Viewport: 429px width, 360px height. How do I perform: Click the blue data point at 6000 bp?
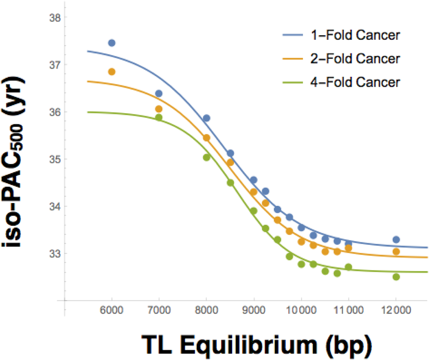pos(112,43)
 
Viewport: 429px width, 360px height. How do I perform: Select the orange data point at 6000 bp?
pos(112,72)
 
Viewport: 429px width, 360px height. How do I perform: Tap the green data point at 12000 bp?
pos(396,277)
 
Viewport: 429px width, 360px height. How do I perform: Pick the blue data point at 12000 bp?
pos(396,240)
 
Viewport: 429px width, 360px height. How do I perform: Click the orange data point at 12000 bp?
pos(396,252)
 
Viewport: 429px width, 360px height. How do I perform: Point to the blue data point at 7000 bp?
pos(159,93)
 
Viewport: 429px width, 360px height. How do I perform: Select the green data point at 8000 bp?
pos(206,157)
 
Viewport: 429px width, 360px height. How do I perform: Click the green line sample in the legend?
pos(292,82)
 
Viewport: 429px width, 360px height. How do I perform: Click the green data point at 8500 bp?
pos(230,183)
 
